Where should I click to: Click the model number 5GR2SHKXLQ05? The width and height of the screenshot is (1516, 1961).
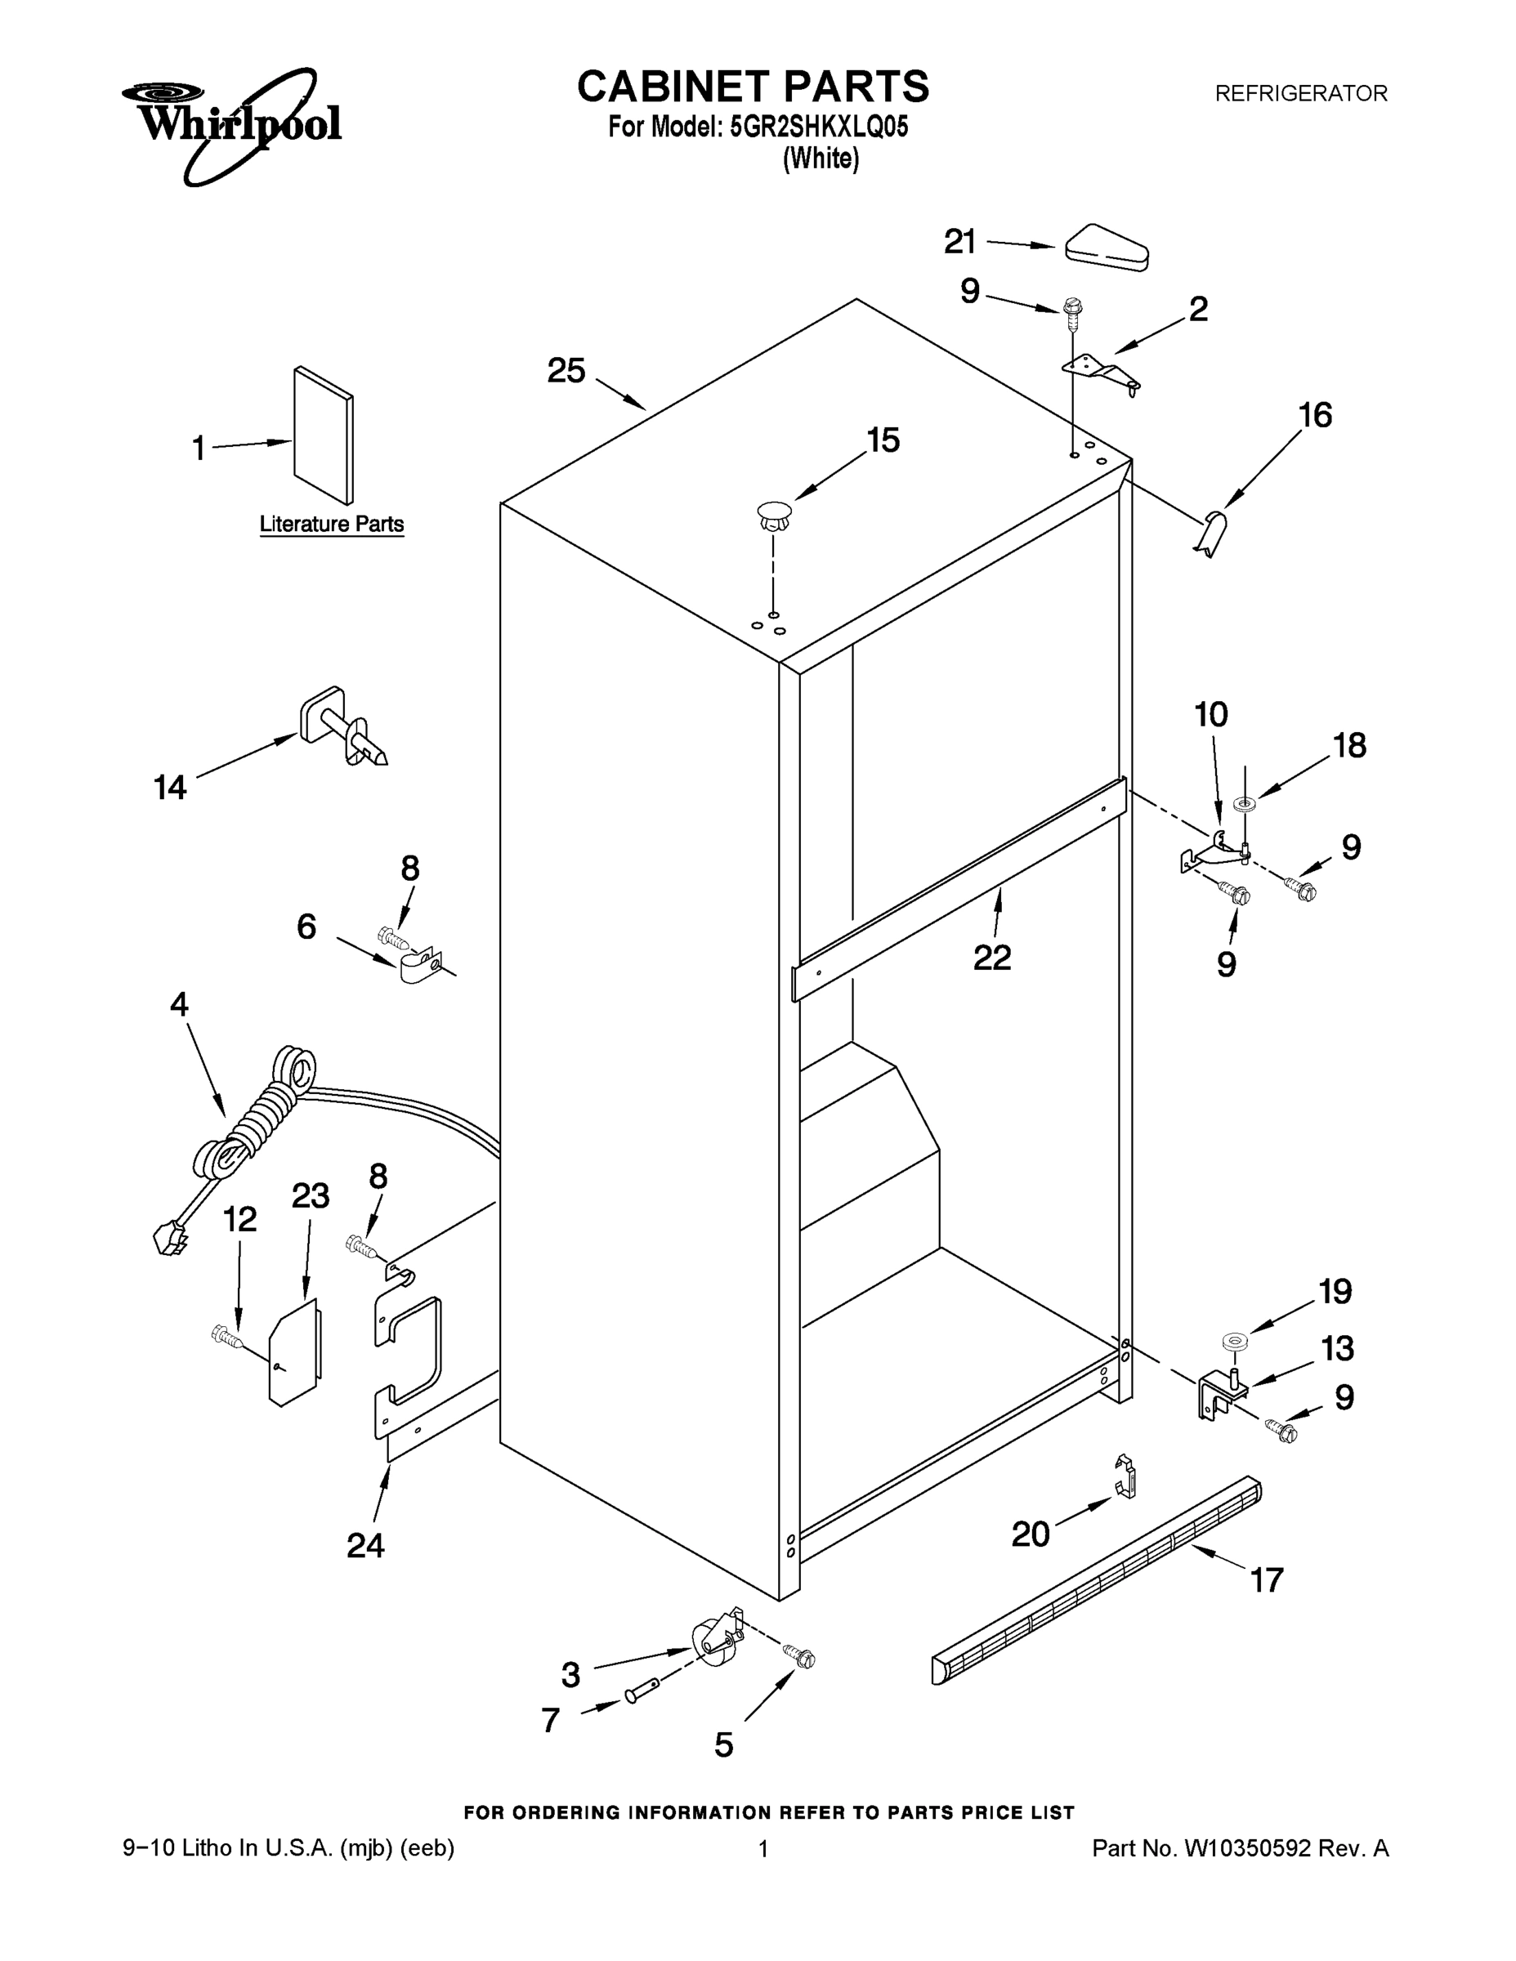(x=819, y=127)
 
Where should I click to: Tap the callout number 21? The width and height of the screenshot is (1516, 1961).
(x=960, y=242)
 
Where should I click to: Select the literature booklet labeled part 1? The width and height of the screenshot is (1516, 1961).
(x=324, y=435)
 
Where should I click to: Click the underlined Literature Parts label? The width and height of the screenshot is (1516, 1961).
(x=332, y=525)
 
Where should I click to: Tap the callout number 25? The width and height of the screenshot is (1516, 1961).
(x=566, y=371)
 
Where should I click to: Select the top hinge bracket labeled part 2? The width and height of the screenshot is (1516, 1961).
(x=1100, y=371)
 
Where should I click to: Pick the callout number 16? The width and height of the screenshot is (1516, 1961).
(x=1316, y=416)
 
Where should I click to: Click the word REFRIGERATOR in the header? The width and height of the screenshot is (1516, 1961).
(x=1300, y=93)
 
